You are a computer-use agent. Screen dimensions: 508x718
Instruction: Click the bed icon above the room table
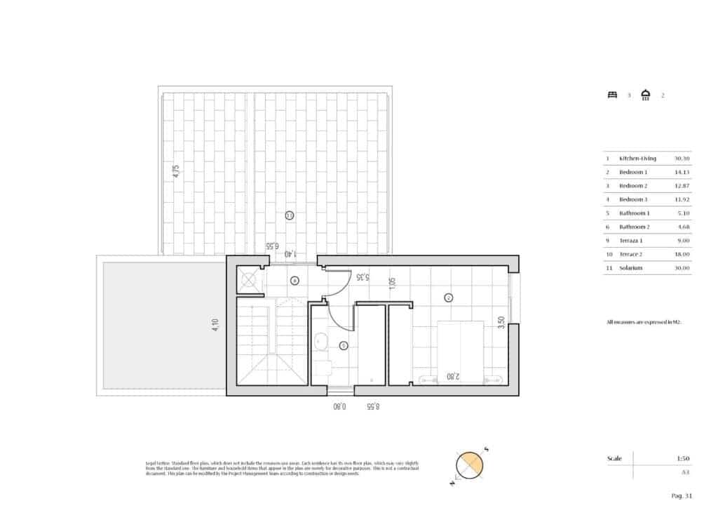pyautogui.click(x=611, y=95)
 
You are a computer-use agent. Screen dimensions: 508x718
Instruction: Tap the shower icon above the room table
pyautogui.click(x=646, y=95)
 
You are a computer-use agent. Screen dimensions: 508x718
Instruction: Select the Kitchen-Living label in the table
pyautogui.click(x=637, y=159)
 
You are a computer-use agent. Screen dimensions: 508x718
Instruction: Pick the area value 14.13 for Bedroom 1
pyautogui.click(x=682, y=172)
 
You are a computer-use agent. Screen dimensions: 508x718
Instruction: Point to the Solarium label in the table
pyautogui.click(x=633, y=267)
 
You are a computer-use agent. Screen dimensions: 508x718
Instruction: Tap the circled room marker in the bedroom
pyautogui.click(x=449, y=298)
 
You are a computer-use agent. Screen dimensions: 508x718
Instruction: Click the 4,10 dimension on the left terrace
pyautogui.click(x=215, y=326)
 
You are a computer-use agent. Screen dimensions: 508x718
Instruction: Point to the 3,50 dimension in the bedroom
pyautogui.click(x=500, y=323)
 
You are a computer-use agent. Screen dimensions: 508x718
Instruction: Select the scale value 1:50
pyautogui.click(x=684, y=458)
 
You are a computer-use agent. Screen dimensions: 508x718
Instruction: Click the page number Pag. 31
pyautogui.click(x=682, y=496)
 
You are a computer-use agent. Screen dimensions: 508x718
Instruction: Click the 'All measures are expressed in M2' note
pyautogui.click(x=644, y=322)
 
